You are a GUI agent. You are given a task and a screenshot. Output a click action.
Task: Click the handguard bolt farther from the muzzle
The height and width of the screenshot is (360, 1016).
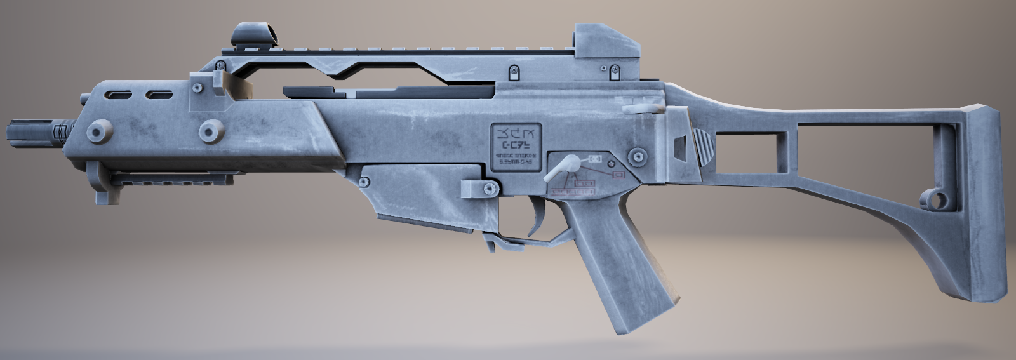[x=208, y=131]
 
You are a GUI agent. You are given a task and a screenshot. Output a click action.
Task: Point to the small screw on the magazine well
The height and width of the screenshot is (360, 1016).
[x=364, y=182]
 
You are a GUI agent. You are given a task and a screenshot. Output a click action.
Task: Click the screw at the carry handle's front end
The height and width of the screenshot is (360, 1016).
[x=220, y=65]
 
